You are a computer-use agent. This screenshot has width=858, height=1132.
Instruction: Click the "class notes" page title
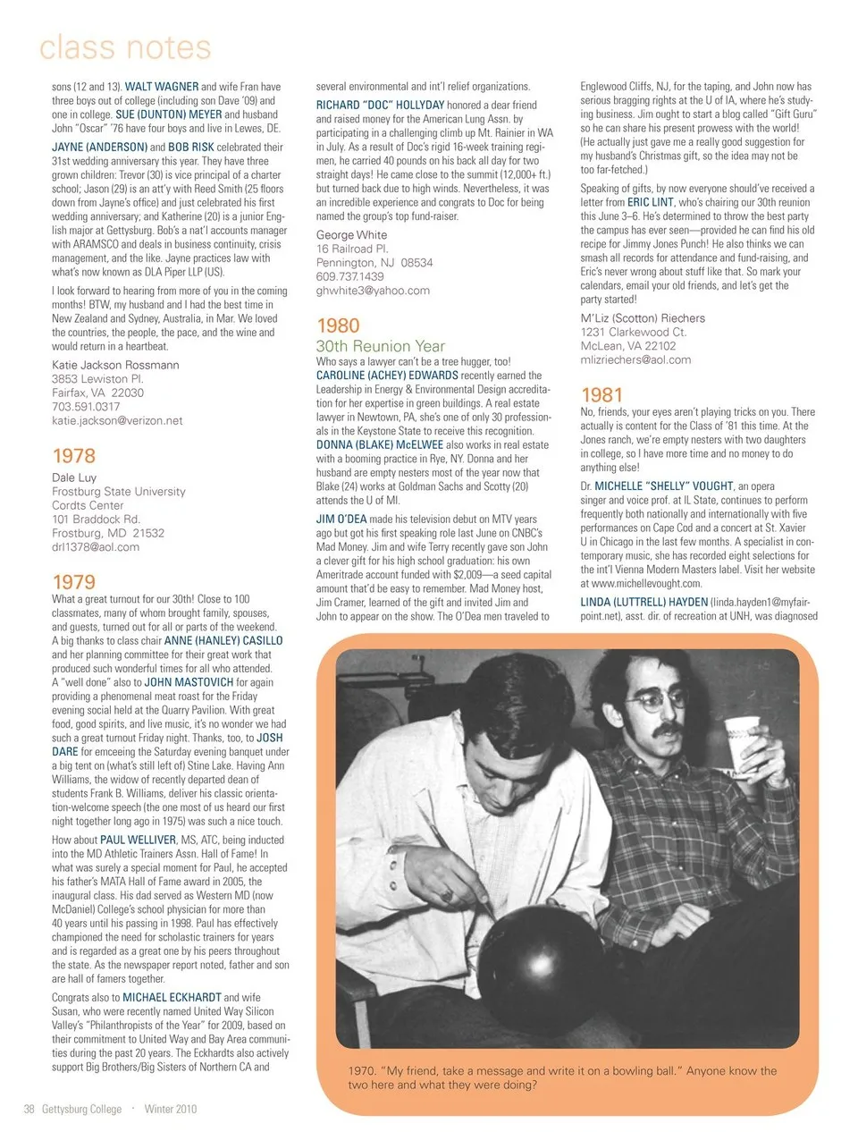[125, 46]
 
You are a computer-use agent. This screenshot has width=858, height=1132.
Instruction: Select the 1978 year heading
[73, 456]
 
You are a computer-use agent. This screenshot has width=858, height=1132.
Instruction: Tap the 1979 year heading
[73, 582]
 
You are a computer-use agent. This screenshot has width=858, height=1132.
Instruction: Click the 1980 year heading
[338, 326]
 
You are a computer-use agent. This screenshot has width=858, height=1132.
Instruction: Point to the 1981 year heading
[601, 394]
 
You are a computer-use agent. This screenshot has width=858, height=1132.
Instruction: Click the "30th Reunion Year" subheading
[380, 346]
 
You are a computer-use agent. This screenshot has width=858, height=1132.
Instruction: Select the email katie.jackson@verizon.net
[117, 421]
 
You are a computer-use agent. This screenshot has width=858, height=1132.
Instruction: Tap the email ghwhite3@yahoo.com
[373, 291]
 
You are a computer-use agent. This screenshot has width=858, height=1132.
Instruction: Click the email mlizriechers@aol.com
[635, 360]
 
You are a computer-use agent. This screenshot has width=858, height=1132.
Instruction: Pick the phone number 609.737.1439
[349, 277]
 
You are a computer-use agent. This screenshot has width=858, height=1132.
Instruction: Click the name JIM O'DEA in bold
[341, 520]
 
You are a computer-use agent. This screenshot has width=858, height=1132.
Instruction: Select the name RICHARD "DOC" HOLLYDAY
[380, 106]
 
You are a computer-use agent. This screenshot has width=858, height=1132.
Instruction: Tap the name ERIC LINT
[651, 203]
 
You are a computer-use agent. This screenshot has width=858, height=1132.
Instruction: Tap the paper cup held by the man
[741, 743]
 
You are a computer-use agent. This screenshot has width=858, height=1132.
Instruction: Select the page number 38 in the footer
[29, 1110]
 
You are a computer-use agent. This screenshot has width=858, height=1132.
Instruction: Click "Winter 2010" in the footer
[170, 1110]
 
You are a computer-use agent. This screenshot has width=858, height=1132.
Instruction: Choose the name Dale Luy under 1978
[74, 477]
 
